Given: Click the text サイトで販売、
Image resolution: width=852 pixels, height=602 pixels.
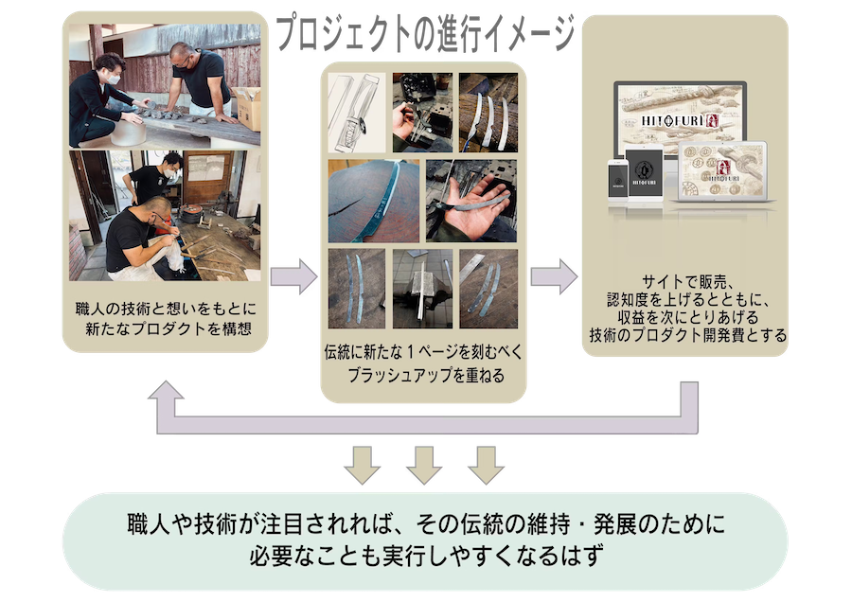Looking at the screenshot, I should (x=684, y=280).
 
